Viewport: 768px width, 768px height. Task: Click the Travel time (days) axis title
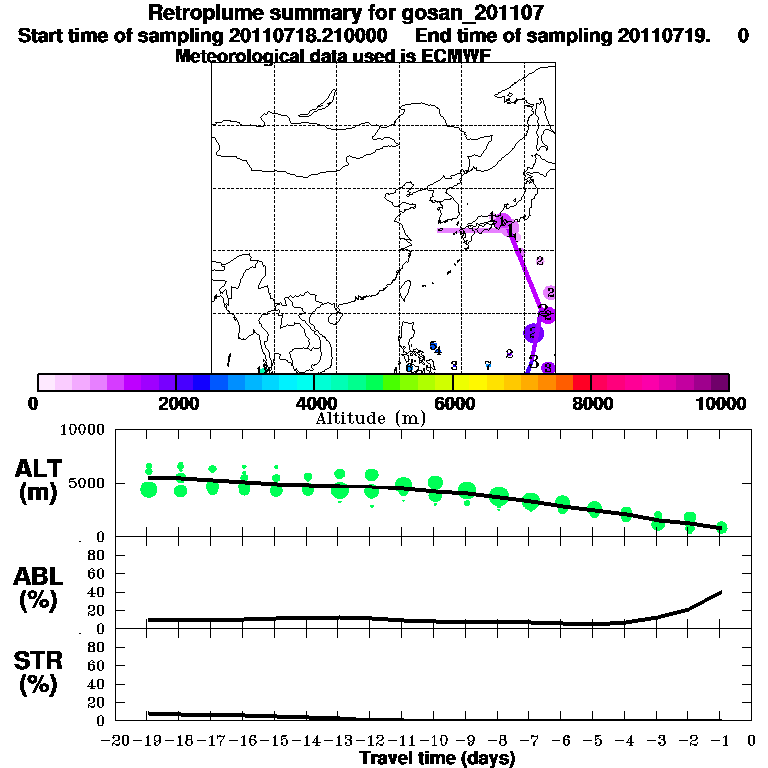437,758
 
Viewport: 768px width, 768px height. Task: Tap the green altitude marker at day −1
721,527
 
